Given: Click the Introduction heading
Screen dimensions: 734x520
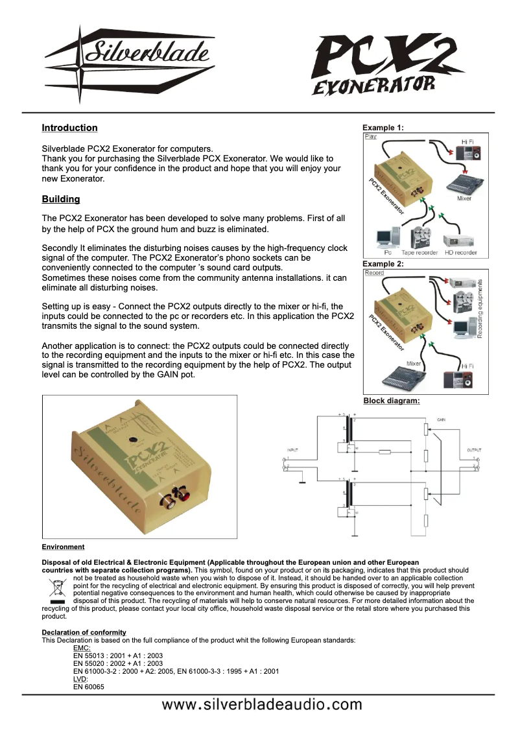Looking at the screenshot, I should [69, 128].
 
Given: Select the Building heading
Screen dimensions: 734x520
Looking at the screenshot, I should [60, 199].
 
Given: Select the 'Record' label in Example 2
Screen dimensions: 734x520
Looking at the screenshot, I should [374, 273].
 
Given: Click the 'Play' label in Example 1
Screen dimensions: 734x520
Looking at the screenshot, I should [371, 137].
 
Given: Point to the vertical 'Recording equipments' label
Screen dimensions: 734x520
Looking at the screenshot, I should [480, 309].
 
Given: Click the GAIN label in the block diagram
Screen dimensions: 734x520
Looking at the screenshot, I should [441, 420].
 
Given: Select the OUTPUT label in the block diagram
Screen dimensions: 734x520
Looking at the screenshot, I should [474, 449].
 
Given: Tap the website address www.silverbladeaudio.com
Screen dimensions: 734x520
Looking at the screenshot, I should [262, 705].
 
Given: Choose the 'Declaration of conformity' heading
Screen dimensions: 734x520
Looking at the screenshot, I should [84, 632].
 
